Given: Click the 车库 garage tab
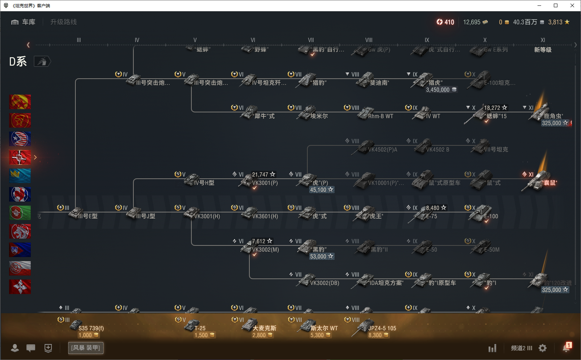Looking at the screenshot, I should point(24,22).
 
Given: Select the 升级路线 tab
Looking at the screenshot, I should point(63,22).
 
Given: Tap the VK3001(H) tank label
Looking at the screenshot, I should point(207,216).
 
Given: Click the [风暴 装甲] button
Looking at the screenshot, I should point(86,348).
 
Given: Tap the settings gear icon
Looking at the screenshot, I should point(543,348).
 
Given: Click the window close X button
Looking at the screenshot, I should point(572,5).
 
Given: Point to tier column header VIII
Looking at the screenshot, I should point(369,40).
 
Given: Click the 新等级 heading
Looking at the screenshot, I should point(543,50).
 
